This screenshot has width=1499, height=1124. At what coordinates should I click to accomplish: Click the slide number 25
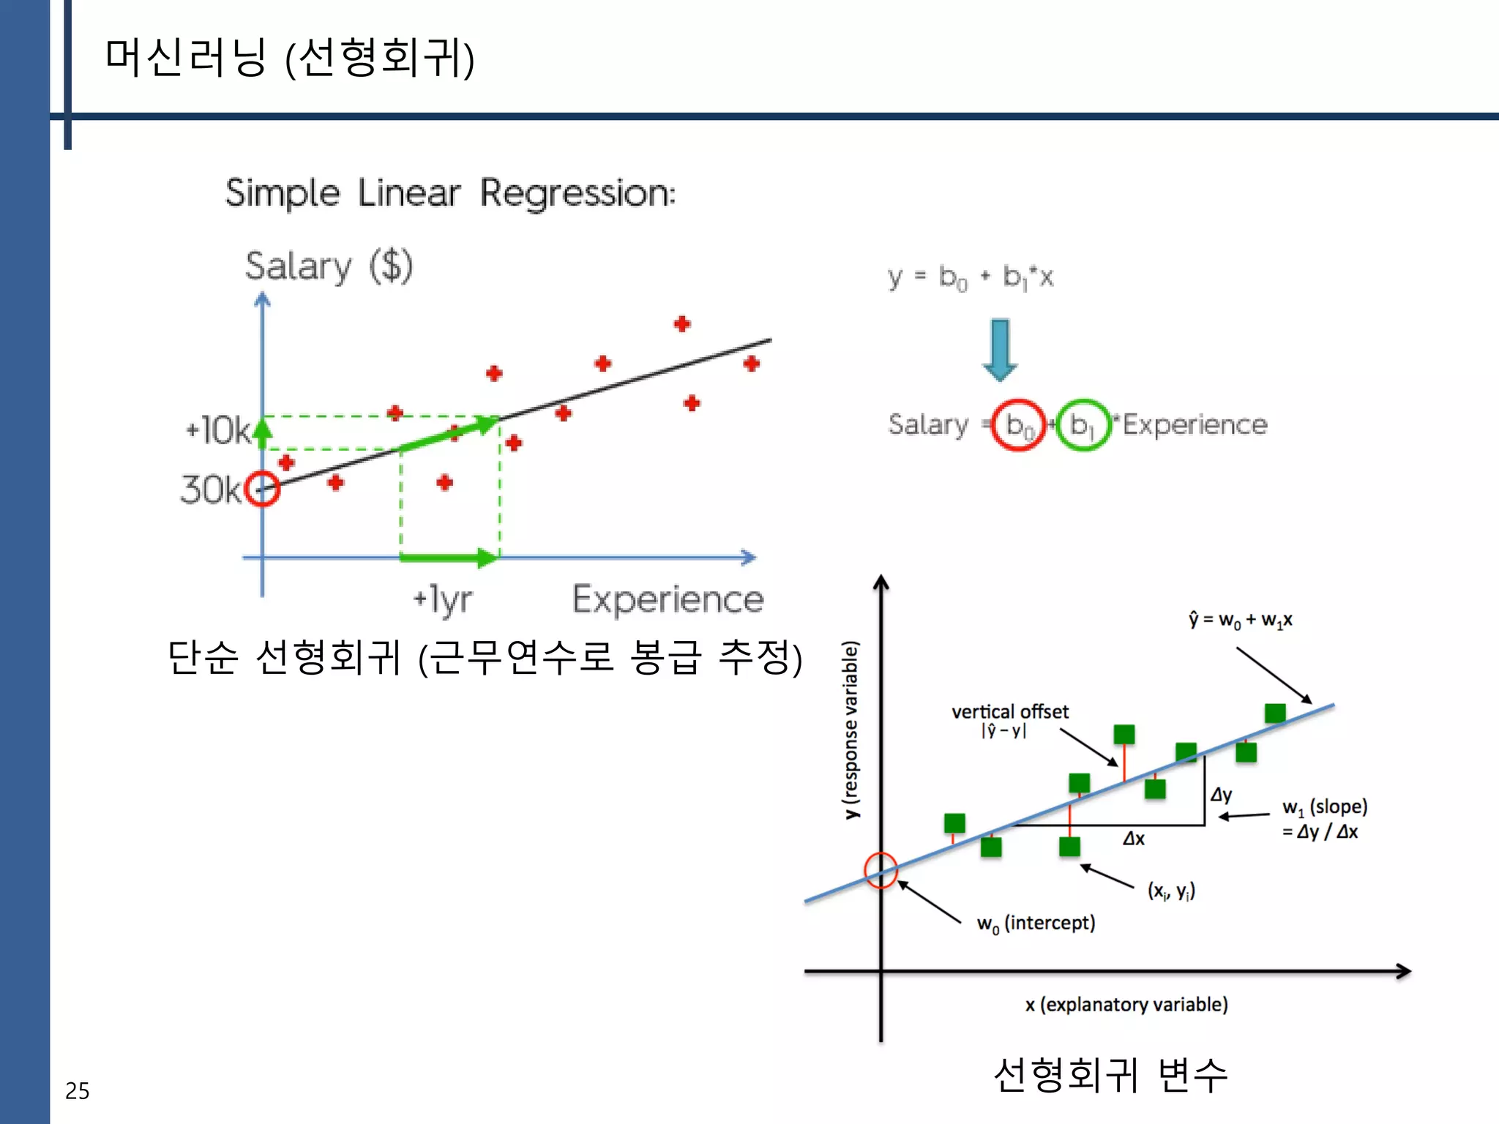(77, 1090)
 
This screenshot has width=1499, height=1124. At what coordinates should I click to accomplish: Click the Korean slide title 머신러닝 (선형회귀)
(290, 58)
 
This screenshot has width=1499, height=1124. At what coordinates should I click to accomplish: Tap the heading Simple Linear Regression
(450, 194)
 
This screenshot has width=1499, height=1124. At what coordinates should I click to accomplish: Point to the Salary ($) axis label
(329, 266)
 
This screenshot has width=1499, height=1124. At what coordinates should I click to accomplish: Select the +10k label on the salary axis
(217, 430)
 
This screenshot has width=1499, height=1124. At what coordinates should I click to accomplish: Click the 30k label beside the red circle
(210, 489)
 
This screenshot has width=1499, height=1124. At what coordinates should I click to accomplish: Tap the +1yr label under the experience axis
(443, 600)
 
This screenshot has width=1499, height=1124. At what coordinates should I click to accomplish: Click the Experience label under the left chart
(668, 600)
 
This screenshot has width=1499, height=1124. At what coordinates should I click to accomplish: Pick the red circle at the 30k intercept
(262, 489)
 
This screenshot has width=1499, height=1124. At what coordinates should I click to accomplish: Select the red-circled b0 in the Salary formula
(1018, 424)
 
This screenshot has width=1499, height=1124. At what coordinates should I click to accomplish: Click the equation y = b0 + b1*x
(971, 277)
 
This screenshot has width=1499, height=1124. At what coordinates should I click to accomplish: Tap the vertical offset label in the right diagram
(1009, 712)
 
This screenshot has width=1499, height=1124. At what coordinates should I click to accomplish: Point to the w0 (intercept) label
(1036, 923)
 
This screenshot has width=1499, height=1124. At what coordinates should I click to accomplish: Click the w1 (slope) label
(1324, 807)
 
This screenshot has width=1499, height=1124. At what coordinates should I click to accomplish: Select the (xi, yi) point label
(1171, 891)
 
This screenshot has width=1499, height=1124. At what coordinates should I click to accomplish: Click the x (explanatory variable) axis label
(1126, 1005)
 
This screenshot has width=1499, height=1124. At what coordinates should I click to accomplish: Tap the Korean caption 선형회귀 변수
(1110, 1075)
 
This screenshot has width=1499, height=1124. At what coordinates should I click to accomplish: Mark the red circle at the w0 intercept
(881, 870)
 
